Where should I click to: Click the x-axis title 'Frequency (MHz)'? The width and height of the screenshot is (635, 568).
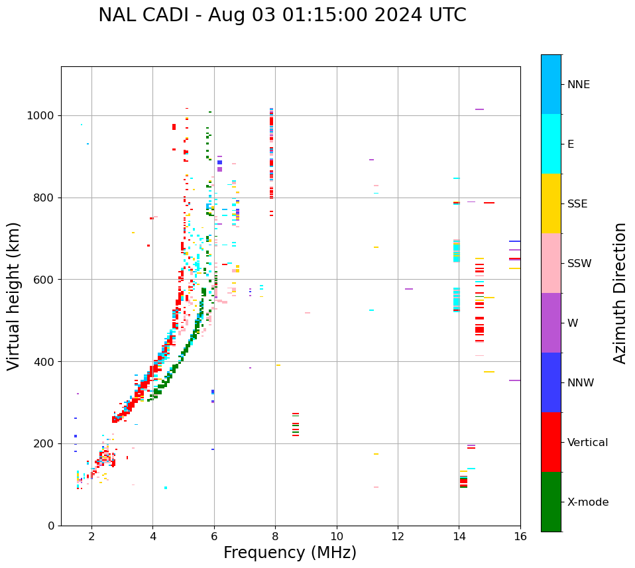tap(290, 553)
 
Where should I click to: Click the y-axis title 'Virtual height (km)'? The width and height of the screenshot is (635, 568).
tap(14, 296)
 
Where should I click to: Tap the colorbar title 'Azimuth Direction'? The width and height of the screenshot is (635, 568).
tap(620, 293)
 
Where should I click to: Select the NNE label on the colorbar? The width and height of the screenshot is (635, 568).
tap(578, 85)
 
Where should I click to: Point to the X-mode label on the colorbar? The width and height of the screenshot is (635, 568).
tap(587, 502)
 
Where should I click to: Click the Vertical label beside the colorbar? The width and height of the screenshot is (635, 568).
tap(587, 443)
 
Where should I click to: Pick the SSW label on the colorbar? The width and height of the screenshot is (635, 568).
tap(579, 264)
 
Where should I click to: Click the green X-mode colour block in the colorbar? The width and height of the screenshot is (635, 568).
tap(551, 502)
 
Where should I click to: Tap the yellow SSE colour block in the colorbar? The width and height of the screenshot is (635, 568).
tap(551, 203)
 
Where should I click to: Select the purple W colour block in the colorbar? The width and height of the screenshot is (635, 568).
tap(551, 323)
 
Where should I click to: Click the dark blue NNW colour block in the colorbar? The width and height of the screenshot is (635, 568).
tap(551, 382)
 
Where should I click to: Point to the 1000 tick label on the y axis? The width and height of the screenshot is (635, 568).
tap(42, 116)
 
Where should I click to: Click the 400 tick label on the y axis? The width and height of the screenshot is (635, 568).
tap(45, 362)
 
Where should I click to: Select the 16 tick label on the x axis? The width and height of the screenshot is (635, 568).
tap(520, 536)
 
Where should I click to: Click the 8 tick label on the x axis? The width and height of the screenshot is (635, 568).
tap(275, 536)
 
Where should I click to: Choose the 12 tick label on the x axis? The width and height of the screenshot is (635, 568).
tap(398, 536)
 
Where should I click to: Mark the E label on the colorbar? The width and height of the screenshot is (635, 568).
tap(571, 144)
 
